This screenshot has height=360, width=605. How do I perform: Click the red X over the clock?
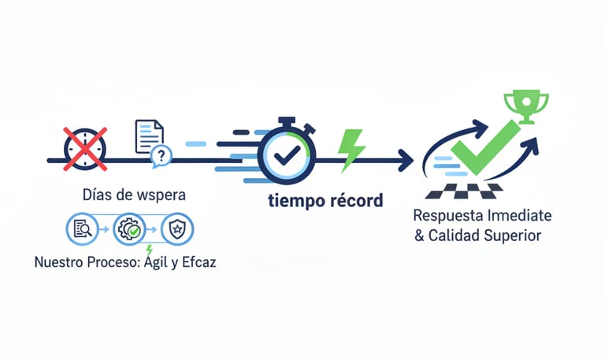84,147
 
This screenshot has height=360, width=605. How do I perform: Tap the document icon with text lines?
148,136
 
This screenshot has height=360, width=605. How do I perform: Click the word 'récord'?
352,201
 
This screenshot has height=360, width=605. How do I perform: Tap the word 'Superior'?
515,236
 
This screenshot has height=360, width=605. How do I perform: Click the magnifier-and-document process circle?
82,229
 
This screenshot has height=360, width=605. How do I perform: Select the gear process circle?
128,230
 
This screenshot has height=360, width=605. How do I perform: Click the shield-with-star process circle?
176,230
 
